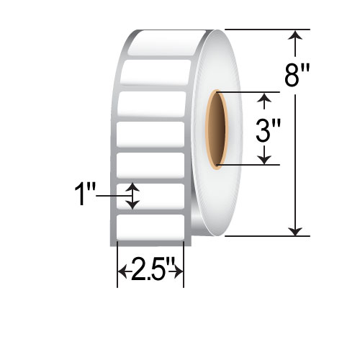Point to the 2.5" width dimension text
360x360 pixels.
[151, 271]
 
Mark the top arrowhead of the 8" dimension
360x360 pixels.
[294, 35]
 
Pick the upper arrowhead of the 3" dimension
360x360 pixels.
[266, 98]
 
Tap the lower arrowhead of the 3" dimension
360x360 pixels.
[266, 159]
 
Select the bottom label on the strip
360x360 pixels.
[151, 228]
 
